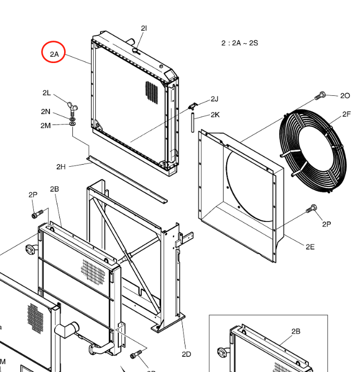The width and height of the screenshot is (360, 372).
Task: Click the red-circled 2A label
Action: coord(54,54)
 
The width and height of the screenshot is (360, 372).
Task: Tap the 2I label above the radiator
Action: coord(144,28)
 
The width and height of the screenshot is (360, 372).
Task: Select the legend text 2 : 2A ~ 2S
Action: coord(240,43)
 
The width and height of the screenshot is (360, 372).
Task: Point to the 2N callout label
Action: coord(45,111)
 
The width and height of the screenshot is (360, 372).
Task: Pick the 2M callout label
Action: coord(45,126)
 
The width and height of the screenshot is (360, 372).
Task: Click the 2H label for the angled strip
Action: coord(61,167)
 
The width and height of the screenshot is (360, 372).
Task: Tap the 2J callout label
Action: coord(215,99)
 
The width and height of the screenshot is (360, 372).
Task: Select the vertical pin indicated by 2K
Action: coord(193,122)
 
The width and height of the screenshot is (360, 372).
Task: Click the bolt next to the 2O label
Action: coord(320,96)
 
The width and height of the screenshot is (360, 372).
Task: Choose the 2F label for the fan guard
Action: coord(346,114)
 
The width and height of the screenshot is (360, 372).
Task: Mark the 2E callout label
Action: coord(310,247)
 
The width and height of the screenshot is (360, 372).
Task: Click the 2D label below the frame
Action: coord(187,354)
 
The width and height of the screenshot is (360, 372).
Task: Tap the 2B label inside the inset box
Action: coord(296,331)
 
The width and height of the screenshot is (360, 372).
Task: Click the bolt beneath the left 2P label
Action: coord(38,214)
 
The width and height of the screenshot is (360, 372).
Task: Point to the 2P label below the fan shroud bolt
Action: coord(327,224)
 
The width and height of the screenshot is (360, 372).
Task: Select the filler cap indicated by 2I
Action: coord(136,51)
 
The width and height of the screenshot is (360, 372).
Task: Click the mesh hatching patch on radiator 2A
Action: coord(152,92)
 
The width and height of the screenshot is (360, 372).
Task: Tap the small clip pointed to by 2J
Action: coord(193,106)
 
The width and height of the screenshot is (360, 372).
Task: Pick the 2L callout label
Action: coord(47,93)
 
